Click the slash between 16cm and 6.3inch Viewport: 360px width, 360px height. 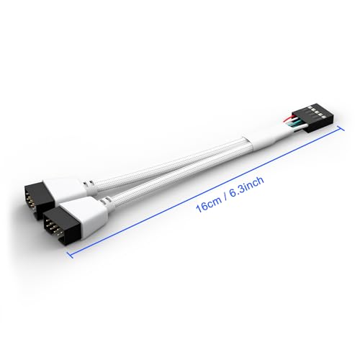pyautogui.click(x=226, y=198)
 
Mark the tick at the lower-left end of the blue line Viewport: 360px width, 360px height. pyautogui.click(x=70, y=255)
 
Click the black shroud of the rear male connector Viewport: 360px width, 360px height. pyautogui.click(x=38, y=201)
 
